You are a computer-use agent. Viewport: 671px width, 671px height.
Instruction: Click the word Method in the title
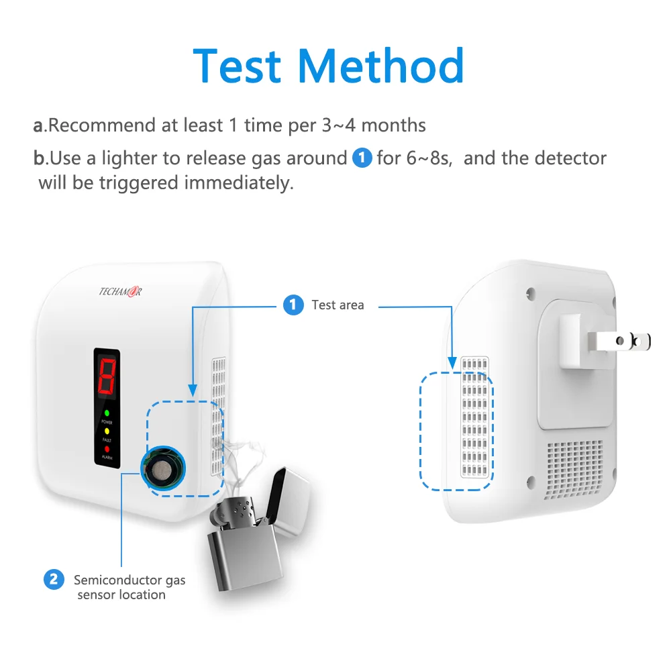click(x=381, y=66)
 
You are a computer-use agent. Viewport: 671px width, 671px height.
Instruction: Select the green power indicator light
click(x=106, y=411)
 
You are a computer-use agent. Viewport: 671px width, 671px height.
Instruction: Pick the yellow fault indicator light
click(x=106, y=429)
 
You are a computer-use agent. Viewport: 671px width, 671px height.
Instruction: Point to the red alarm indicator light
click(x=106, y=448)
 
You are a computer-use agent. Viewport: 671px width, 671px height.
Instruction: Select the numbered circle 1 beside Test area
click(x=292, y=305)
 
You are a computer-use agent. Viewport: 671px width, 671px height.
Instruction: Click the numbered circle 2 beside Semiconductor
click(x=54, y=579)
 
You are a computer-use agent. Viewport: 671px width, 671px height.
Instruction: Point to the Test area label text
click(x=338, y=305)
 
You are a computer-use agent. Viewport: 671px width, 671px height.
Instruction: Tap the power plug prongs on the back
click(x=621, y=341)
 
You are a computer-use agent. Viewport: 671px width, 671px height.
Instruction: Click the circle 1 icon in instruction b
click(x=362, y=158)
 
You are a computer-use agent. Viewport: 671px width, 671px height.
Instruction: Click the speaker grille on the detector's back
click(x=574, y=470)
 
